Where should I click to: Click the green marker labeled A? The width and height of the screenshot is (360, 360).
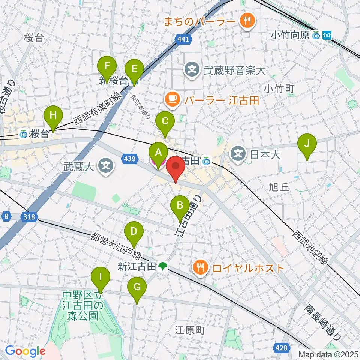pos(158,152)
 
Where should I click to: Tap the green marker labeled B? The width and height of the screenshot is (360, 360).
pos(180,205)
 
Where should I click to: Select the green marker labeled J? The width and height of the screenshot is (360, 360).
pos(307,143)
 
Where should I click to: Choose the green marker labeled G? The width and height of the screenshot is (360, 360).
pos(136,287)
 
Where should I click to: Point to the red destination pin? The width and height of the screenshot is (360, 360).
pos(175,165)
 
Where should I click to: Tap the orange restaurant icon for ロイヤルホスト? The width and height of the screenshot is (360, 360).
pos(199,267)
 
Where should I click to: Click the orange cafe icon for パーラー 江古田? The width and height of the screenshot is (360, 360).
pos(172,99)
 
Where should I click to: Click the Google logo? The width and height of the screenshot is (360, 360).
pos(25,351)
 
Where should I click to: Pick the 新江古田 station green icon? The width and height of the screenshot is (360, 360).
pos(162,267)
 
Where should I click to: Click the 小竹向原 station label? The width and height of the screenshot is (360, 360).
pos(291,36)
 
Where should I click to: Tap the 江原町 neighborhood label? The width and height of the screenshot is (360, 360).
pos(190,330)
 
